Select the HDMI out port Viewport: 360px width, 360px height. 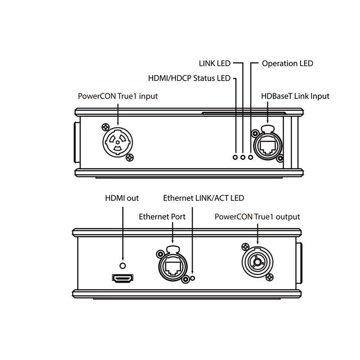[122, 279]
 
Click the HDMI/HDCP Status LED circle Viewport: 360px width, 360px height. [235, 157]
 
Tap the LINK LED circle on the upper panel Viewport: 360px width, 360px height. [243, 157]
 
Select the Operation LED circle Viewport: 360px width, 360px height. [251, 157]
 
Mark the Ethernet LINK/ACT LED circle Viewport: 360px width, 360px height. [193, 278]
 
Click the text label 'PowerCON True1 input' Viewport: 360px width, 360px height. [118, 96]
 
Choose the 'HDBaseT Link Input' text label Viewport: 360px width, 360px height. [295, 96]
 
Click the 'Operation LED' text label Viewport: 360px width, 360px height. [287, 63]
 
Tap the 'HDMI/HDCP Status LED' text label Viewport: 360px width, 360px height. [189, 78]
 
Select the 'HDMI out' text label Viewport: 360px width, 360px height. [122, 198]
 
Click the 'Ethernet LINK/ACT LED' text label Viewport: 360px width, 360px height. [204, 198]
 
